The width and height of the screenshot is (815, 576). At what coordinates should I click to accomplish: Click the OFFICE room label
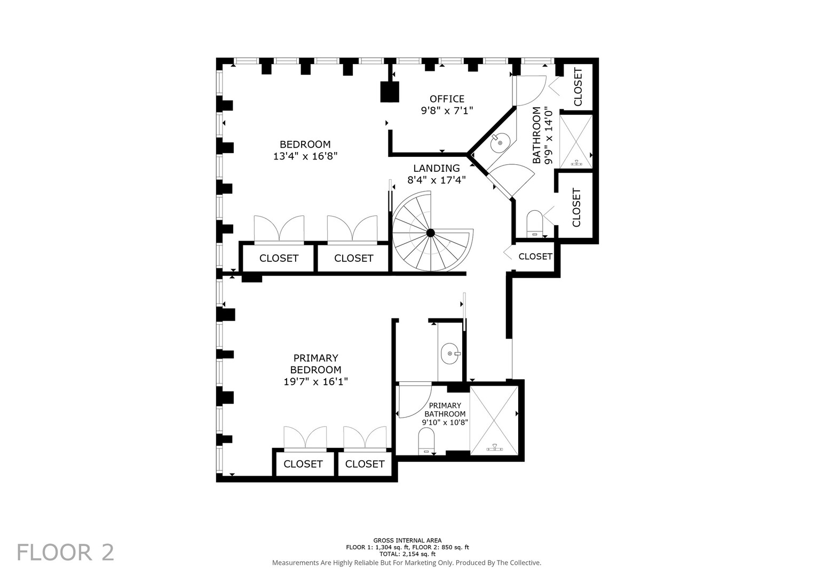pos(447,99)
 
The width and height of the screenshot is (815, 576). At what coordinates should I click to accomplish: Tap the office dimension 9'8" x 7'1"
pos(447,110)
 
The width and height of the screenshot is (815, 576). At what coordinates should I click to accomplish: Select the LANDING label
pos(436,168)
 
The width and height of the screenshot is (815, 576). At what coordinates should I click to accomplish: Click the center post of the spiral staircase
pos(430,233)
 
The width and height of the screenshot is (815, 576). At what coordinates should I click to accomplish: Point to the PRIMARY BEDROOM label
pos(315,364)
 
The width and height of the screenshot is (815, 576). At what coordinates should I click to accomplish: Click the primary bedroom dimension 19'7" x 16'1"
pos(315,381)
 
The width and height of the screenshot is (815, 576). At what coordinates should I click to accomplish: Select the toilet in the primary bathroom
pos(426,441)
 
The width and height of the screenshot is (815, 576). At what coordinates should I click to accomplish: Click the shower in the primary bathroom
pos(494,420)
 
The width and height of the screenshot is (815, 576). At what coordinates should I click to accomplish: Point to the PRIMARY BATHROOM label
pos(445,410)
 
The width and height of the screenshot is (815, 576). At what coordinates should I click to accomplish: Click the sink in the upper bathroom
pos(500,142)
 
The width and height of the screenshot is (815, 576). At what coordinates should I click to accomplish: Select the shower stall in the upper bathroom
pos(575,141)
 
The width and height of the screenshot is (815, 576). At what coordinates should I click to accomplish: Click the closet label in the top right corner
pos(577,87)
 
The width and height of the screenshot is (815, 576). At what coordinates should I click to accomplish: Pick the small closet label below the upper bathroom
pos(535,257)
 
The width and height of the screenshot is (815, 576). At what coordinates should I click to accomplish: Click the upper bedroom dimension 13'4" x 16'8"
pos(305,156)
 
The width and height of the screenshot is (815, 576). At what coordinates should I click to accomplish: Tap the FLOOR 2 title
pos(66,553)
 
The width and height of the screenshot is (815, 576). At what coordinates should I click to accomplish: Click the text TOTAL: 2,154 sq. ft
pos(407,554)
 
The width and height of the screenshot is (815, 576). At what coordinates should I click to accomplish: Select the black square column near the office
pos(390,92)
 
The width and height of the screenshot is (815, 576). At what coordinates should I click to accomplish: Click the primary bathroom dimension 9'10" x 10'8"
pos(445,422)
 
